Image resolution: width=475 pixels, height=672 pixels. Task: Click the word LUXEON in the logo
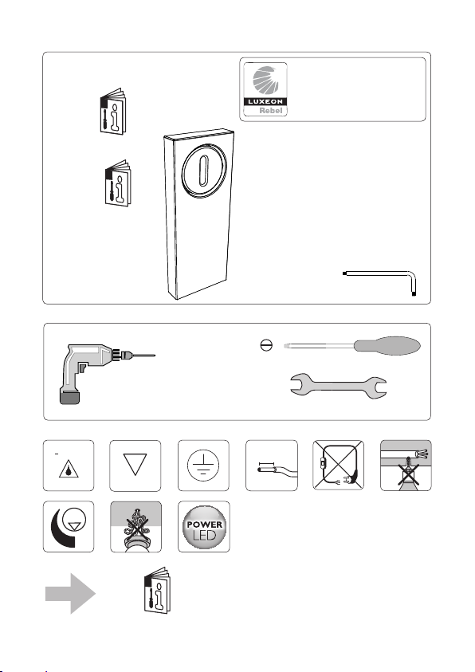tap(265, 101)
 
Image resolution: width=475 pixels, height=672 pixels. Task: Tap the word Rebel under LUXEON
tap(271, 111)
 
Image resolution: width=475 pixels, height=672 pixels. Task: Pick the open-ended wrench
tap(339, 386)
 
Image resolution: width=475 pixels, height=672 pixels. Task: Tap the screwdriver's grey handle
tap(387, 346)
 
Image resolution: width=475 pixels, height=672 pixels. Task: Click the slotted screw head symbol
tap(266, 345)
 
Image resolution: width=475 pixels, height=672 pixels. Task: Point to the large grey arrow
tap(71, 594)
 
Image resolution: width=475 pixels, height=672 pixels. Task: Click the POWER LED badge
tap(204, 527)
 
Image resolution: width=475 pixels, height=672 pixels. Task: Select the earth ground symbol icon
tap(203, 466)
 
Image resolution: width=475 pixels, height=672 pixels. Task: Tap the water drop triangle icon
tap(69, 469)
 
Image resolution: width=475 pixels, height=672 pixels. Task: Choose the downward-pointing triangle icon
tap(135, 465)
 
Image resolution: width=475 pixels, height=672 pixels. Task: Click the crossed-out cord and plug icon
tap(339, 466)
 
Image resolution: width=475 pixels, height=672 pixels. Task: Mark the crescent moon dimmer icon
tap(69, 527)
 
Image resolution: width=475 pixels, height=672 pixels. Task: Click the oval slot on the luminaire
tap(204, 171)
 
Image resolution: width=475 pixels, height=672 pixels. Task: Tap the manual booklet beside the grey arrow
tap(157, 590)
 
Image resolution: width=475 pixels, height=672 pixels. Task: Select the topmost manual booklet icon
tap(113, 112)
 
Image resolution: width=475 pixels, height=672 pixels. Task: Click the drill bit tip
tap(155, 356)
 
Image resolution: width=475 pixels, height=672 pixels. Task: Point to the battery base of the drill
tap(70, 397)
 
